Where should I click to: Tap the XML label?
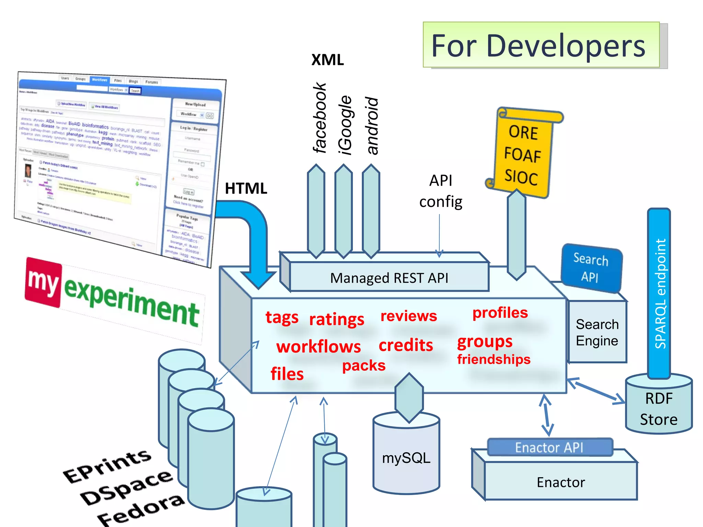(327, 60)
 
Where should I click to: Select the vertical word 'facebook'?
(319, 118)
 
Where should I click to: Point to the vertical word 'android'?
(372, 126)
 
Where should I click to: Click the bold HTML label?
(246, 188)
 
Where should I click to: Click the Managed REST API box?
(389, 278)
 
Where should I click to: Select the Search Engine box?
(597, 332)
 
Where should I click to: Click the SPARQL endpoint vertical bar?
(659, 293)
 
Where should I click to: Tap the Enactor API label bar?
(549, 447)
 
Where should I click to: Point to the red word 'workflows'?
(319, 347)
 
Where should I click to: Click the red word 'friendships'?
(494, 359)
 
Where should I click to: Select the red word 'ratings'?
(336, 319)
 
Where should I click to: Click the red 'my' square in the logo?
(43, 282)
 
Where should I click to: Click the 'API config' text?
(441, 191)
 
